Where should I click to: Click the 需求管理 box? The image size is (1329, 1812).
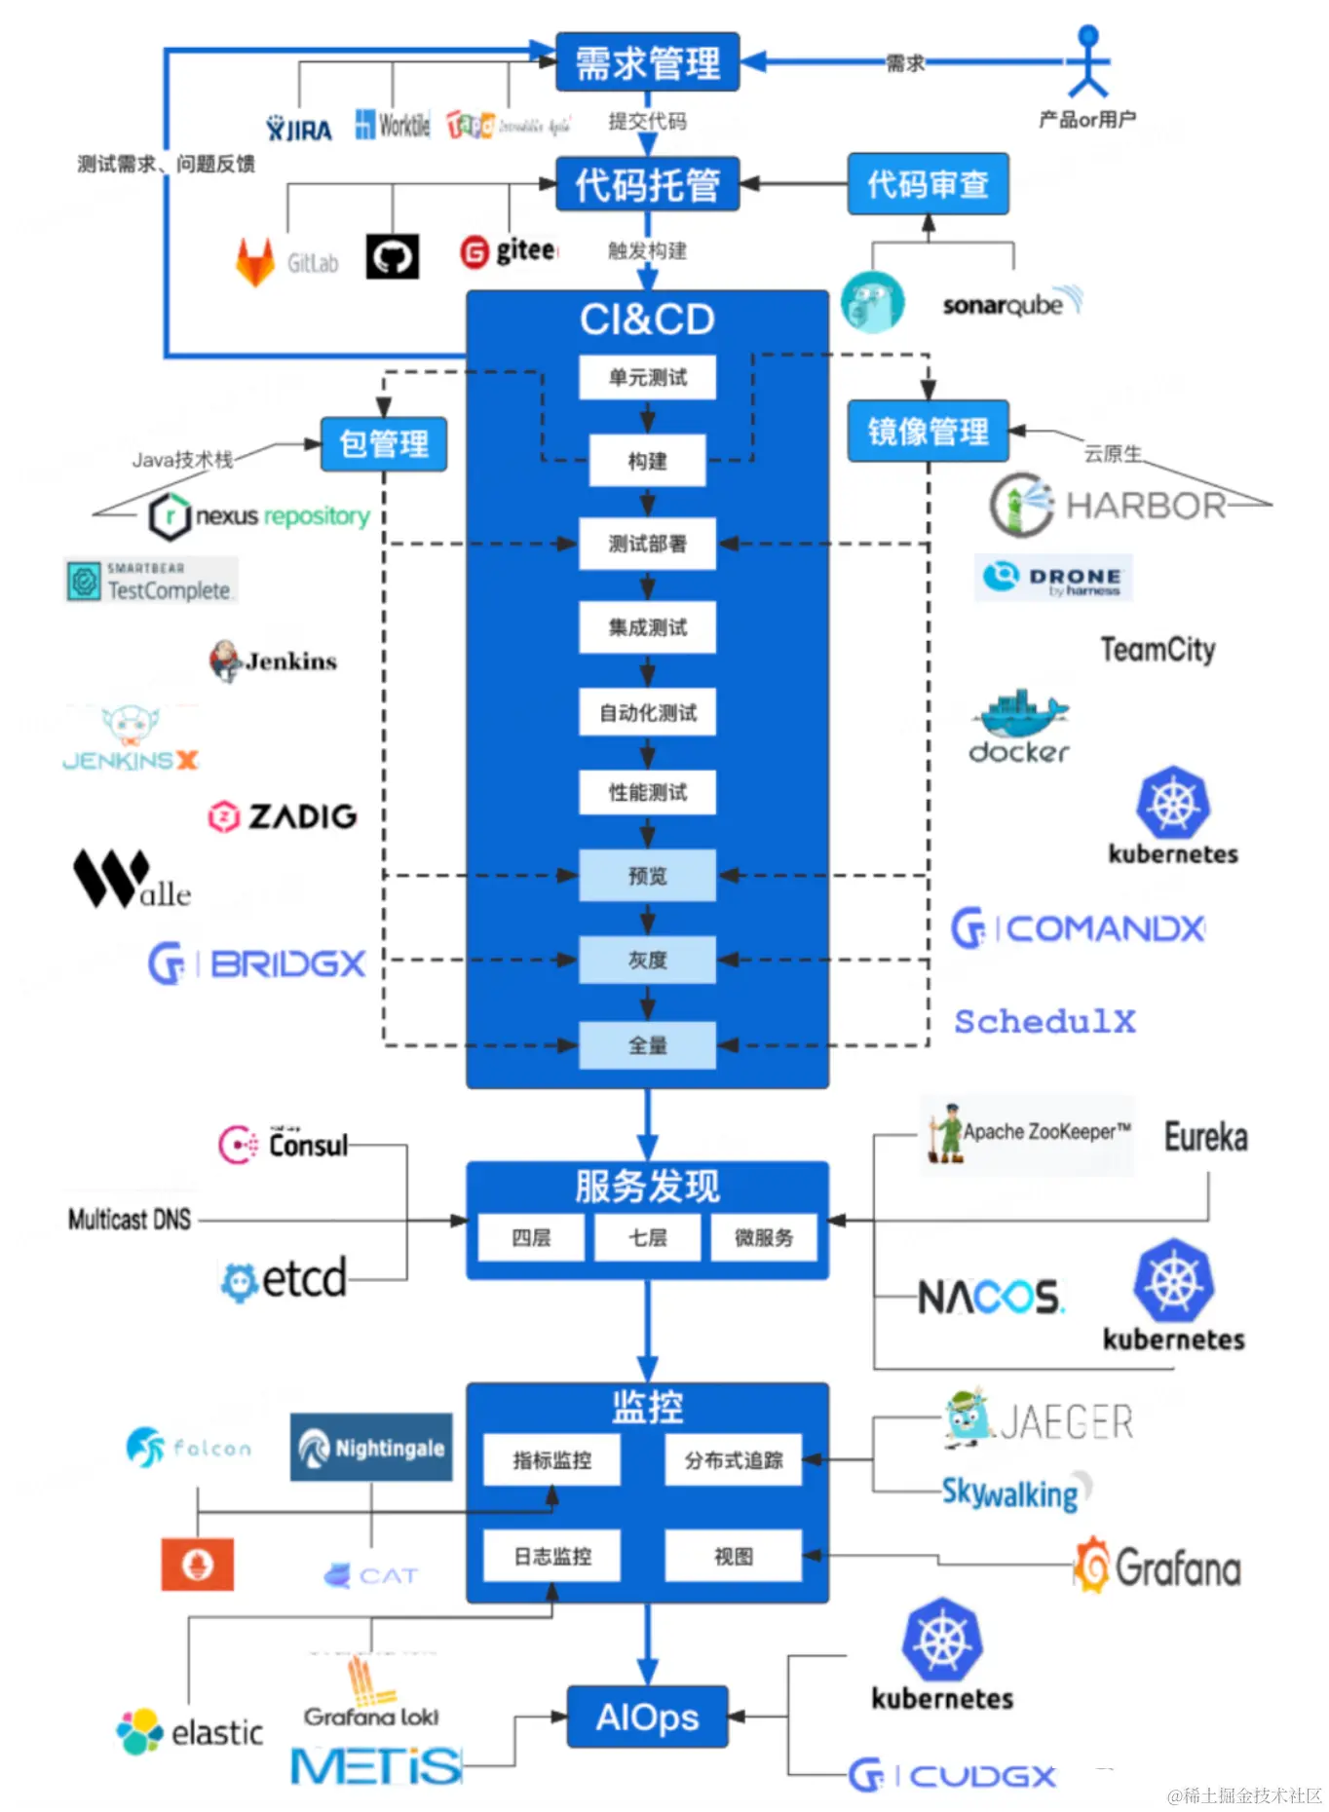(x=647, y=63)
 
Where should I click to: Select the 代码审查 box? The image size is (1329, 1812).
(x=927, y=183)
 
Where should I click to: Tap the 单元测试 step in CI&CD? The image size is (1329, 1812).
(x=647, y=377)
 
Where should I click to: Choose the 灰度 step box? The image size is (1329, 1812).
(x=647, y=960)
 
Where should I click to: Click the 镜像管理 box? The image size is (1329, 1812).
(x=927, y=431)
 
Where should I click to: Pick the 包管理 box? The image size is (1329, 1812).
(x=383, y=444)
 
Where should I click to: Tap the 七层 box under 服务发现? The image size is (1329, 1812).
(x=647, y=1237)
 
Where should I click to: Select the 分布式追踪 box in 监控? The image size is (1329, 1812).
(x=733, y=1459)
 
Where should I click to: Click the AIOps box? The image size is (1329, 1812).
(x=647, y=1717)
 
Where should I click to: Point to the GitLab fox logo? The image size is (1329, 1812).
(x=255, y=261)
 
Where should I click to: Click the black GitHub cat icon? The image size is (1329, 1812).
(x=393, y=257)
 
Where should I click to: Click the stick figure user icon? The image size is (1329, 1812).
(x=1087, y=62)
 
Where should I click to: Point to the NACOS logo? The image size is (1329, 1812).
(x=990, y=1297)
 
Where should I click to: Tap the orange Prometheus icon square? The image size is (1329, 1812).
(x=198, y=1564)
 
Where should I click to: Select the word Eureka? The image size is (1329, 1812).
(x=1206, y=1137)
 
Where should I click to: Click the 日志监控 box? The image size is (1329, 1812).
(x=552, y=1556)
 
